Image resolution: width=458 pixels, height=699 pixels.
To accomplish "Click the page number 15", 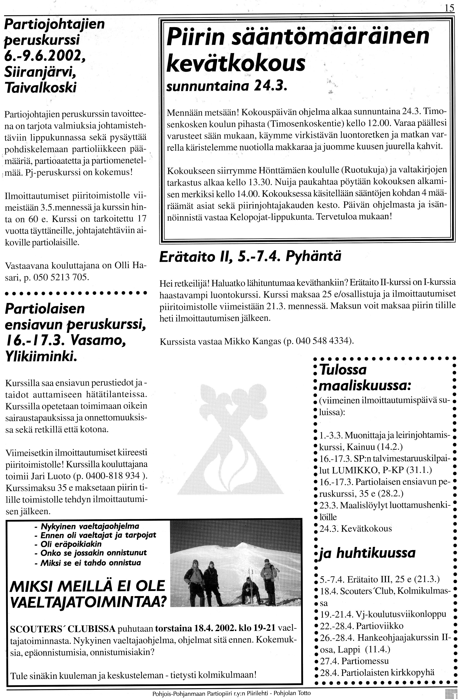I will click(449, 8).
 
